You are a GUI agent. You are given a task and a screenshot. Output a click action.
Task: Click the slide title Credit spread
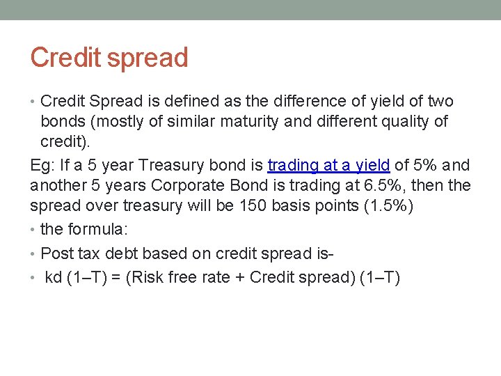coord(109,58)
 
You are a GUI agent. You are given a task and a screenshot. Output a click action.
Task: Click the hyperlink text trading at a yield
coord(328,166)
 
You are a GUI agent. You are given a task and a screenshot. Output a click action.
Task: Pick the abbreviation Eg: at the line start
coord(42,166)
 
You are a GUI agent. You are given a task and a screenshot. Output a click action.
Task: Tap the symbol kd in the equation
coord(54,277)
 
